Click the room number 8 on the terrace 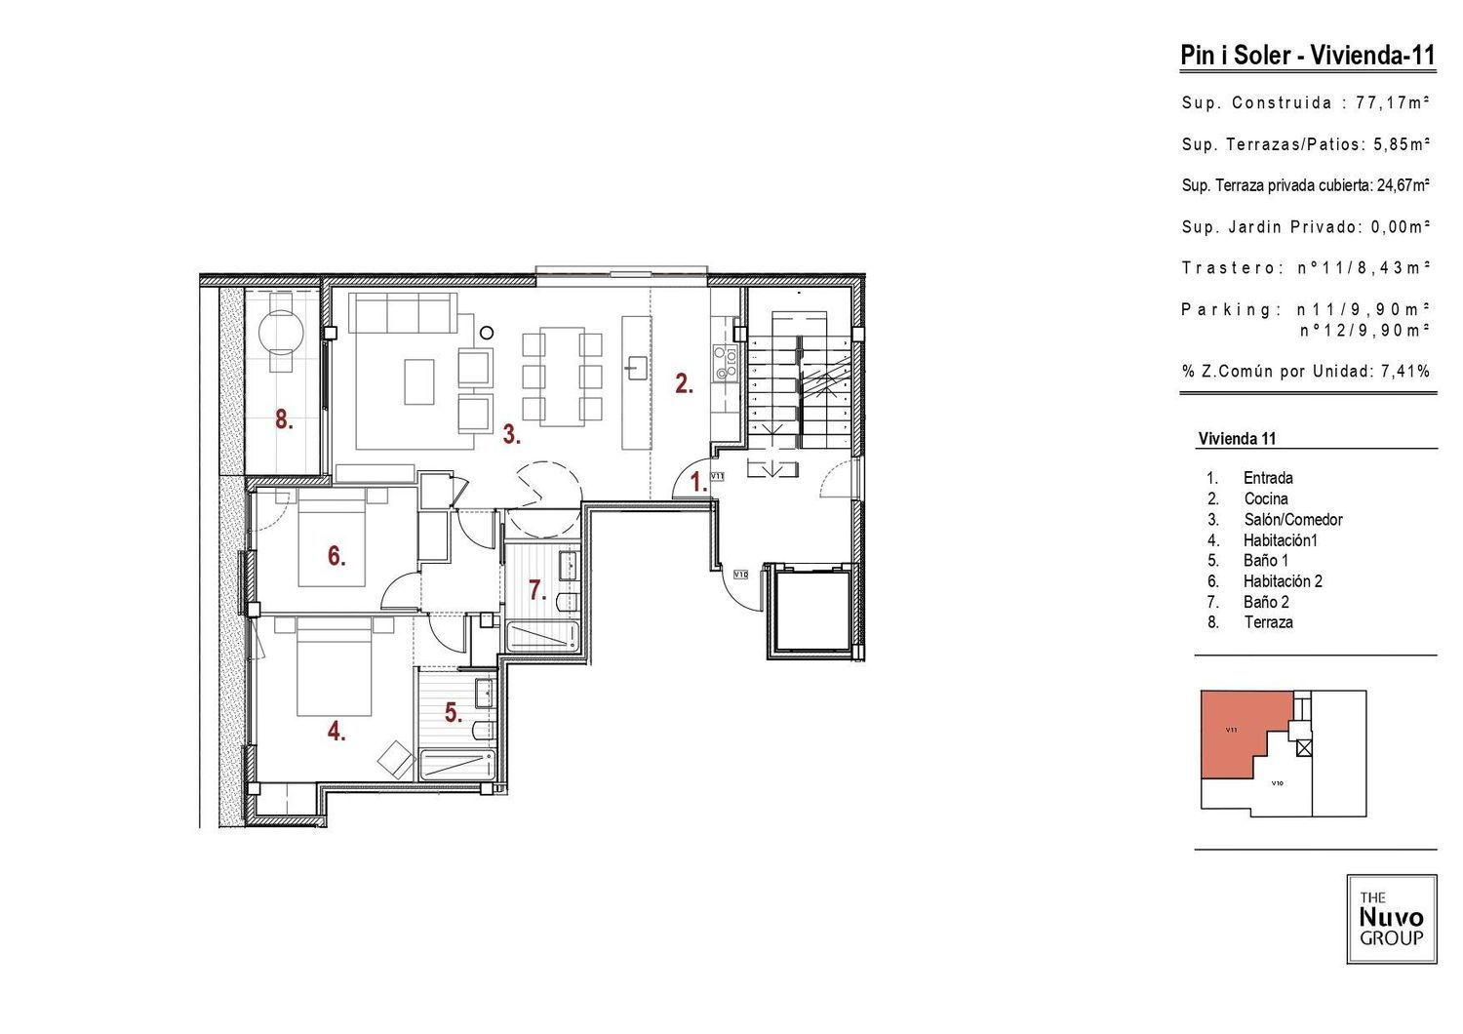coord(284,420)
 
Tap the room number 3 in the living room coord(511,434)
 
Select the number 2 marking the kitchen coord(684,384)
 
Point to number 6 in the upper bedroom coord(336,556)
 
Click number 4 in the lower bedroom coord(336,732)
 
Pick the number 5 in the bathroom coord(454,713)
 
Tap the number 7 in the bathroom coord(537,590)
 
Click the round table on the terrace coord(282,333)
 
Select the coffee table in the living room coord(419,381)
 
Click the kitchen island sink coord(636,368)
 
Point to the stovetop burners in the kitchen coord(725,363)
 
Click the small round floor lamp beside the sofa coord(487,334)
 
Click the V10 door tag coord(740,575)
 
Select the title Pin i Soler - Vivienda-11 coord(1308,55)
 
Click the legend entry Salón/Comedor coord(1293,520)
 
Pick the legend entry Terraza coord(1268,622)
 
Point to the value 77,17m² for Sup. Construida coord(1393,102)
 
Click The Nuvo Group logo coord(1392,919)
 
